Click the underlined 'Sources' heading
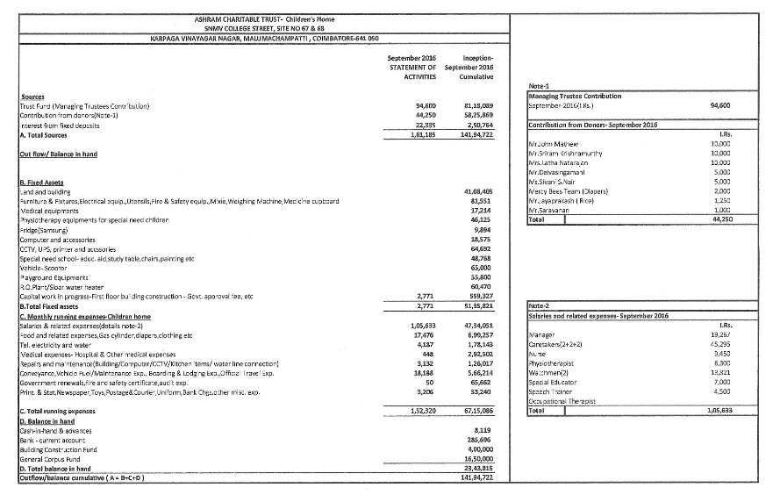pyautogui.click(x=33, y=97)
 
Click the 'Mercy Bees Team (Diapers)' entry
pyautogui.click(x=565, y=190)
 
